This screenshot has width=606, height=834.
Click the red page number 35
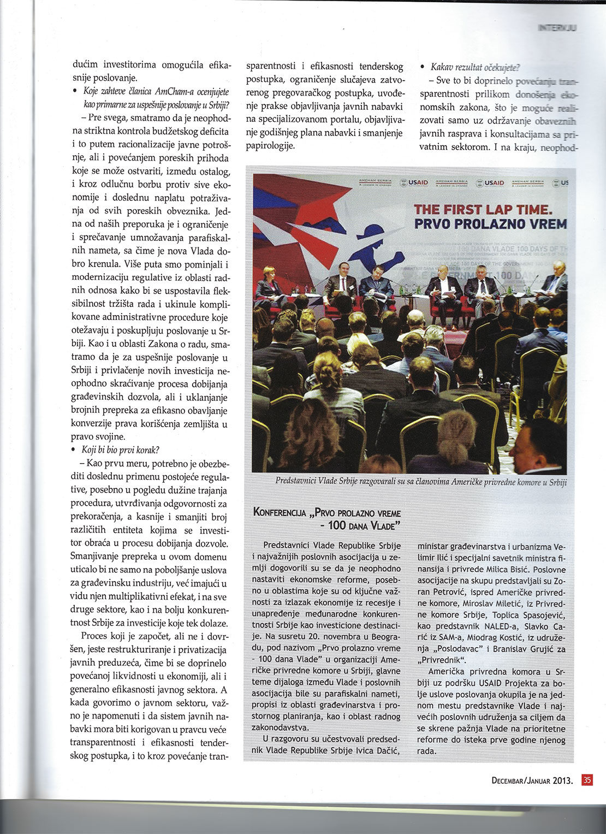[587, 780]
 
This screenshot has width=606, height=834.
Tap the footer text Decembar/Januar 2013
[532, 780]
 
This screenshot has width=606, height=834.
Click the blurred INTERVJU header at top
[557, 27]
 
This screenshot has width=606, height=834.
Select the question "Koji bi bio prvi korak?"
[120, 450]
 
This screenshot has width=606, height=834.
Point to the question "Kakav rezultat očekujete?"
[475, 67]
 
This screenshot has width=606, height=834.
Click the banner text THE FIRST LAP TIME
[483, 209]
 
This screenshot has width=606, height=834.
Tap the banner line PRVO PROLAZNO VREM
[490, 223]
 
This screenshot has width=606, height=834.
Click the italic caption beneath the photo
[421, 482]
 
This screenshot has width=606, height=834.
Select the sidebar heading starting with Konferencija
[327, 519]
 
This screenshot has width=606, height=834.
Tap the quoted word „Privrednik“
[441, 659]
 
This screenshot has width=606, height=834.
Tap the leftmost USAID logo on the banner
[414, 182]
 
